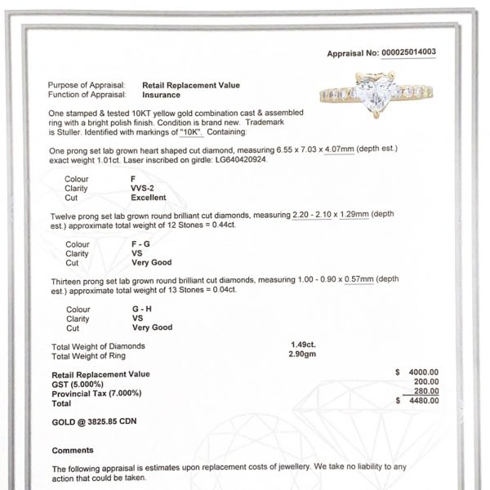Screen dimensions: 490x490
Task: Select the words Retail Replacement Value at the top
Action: [191, 84]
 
